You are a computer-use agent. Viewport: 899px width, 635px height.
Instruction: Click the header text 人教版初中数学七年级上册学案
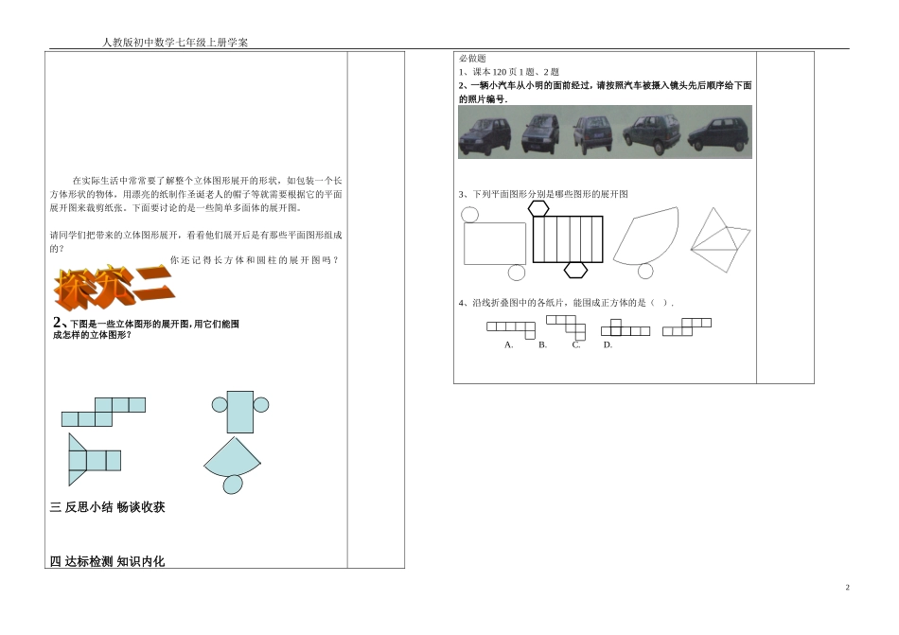pos(176,43)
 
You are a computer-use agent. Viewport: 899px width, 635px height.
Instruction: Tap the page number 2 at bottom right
pos(847,588)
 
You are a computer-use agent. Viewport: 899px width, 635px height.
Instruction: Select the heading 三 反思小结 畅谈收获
pos(107,507)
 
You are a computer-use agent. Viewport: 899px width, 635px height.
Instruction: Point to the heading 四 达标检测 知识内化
pos(107,561)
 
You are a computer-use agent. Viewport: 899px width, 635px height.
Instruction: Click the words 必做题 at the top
pos(472,59)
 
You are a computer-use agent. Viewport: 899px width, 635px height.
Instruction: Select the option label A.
pos(509,344)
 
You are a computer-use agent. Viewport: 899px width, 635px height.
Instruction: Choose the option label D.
pos(608,344)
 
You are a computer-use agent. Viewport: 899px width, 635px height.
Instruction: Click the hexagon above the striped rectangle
pos(538,208)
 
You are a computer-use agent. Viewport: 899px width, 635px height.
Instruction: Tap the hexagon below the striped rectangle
pos(575,270)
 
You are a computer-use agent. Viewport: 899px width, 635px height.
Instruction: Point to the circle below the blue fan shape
pos(232,485)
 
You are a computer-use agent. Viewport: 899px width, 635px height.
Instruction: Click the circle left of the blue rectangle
pos(220,404)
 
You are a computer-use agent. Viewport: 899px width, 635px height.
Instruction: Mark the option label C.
pos(575,344)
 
